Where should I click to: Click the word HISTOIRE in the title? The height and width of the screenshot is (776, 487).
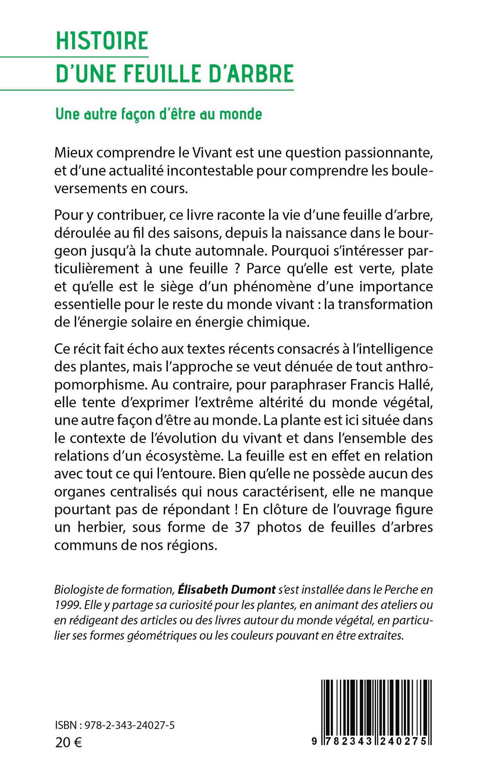(x=102, y=41)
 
